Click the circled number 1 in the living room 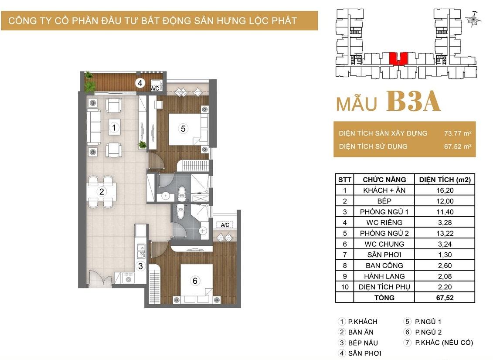pyautogui.click(x=114, y=128)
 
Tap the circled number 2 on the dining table pyautogui.click(x=102, y=191)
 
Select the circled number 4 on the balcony pyautogui.click(x=140, y=83)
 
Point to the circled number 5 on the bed pyautogui.click(x=183, y=129)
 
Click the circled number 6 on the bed pyautogui.click(x=195, y=281)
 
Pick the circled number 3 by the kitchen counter pyautogui.click(x=140, y=266)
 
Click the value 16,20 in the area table pyautogui.click(x=445, y=190)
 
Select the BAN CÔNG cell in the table pyautogui.click(x=384, y=265)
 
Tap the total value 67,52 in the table pyautogui.click(x=445, y=298)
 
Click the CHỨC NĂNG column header pyautogui.click(x=384, y=180)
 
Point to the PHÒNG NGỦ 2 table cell pyautogui.click(x=384, y=233)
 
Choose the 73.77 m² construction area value pyautogui.click(x=457, y=133)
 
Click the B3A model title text pyautogui.click(x=413, y=101)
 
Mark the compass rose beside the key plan pyautogui.click(x=473, y=19)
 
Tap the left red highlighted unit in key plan pyautogui.click(x=393, y=58)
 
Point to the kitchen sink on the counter pyautogui.click(x=141, y=251)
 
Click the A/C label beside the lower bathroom pyautogui.click(x=225, y=225)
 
